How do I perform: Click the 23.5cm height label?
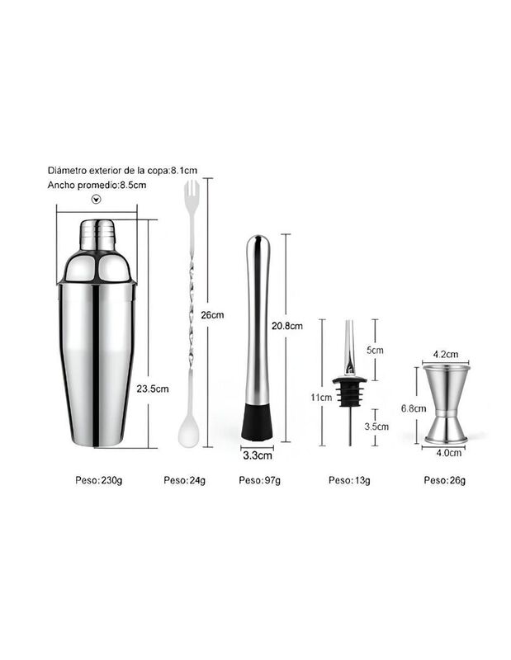pyautogui.click(x=153, y=389)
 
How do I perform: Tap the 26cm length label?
pyautogui.click(x=212, y=315)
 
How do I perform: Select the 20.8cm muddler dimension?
pyautogui.click(x=287, y=326)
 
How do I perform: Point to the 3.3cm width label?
pyautogui.click(x=258, y=455)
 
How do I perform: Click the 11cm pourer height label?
pyautogui.click(x=321, y=398)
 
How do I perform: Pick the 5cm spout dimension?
pyautogui.click(x=375, y=350)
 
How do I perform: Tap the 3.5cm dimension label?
pyautogui.click(x=376, y=427)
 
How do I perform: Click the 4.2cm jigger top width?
pyautogui.click(x=446, y=355)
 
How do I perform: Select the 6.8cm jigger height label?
pyautogui.click(x=414, y=408)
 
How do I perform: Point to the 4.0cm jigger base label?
pyautogui.click(x=448, y=453)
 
